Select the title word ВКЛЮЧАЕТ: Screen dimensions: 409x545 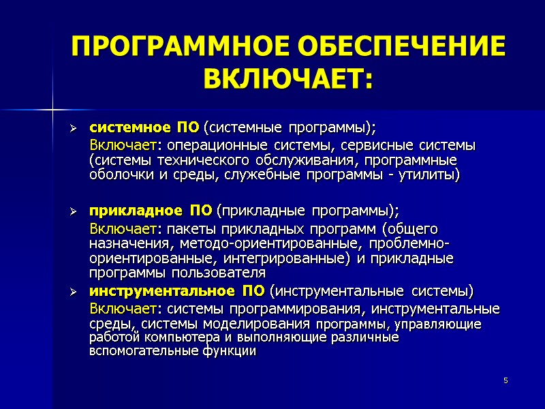coord(289,80)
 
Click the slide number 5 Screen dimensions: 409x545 coord(506,380)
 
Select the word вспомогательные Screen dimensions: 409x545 coord(138,352)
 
